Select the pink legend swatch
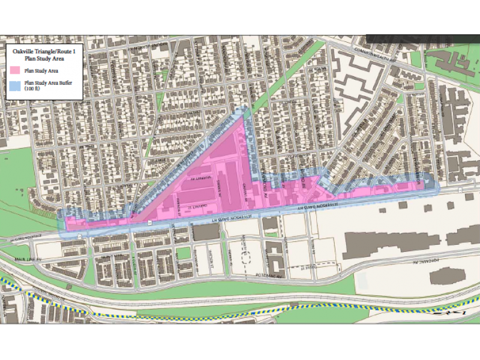pyautogui.click(x=17, y=71)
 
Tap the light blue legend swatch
pyautogui.click(x=17, y=85)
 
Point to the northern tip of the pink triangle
pyautogui.click(x=243, y=118)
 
